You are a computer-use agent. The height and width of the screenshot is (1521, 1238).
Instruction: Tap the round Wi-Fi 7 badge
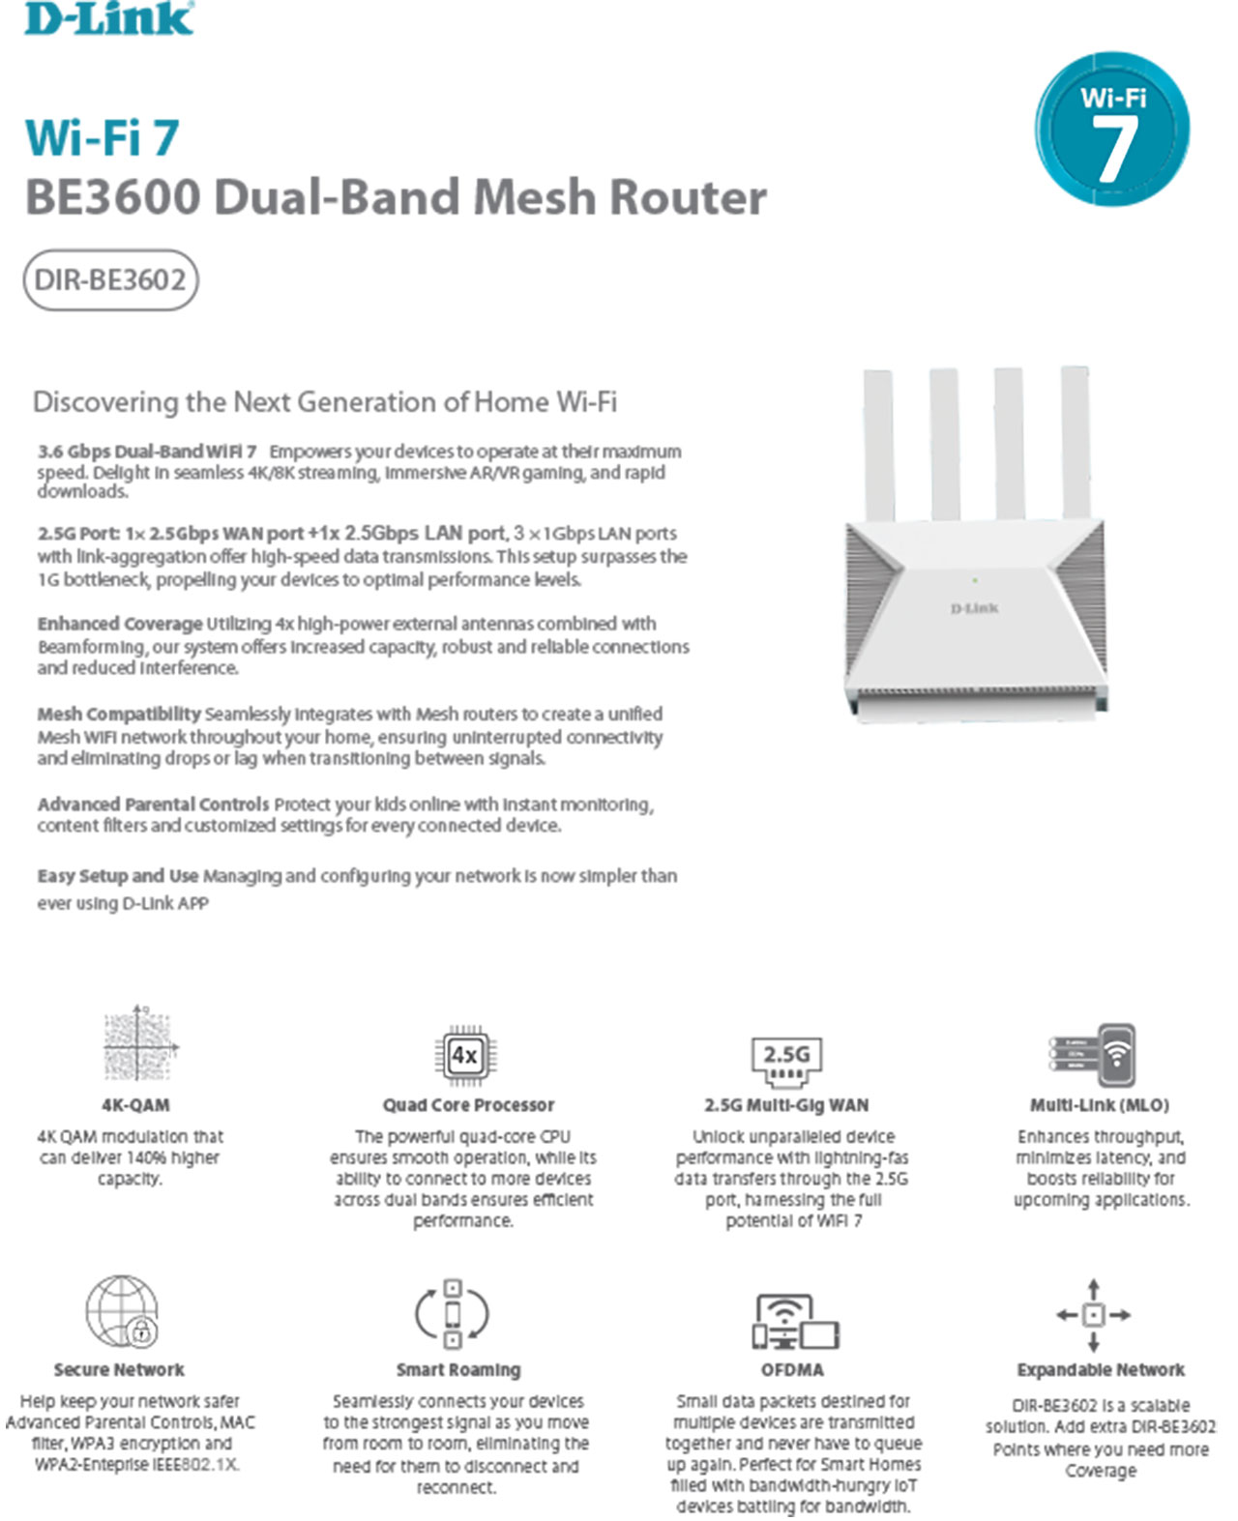tap(1112, 130)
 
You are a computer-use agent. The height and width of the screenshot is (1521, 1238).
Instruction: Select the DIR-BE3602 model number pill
tap(110, 279)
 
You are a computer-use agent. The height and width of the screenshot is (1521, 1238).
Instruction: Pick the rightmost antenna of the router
tap(1076, 443)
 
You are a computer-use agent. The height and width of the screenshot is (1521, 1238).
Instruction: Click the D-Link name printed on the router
tap(974, 608)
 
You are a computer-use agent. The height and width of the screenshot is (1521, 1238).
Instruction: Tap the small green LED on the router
tap(975, 580)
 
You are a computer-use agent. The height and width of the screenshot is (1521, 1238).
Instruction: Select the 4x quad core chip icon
tap(466, 1055)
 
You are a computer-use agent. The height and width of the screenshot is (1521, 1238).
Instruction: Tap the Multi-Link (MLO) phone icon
tap(1092, 1055)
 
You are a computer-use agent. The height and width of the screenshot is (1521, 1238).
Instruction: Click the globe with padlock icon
tap(122, 1312)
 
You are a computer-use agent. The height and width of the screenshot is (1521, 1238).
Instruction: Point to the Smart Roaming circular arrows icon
tap(453, 1313)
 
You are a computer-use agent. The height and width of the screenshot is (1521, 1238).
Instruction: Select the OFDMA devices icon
tap(795, 1322)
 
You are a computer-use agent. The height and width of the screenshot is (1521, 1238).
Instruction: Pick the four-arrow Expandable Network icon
tap(1093, 1315)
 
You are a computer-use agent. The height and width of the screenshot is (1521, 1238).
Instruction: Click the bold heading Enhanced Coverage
tap(120, 624)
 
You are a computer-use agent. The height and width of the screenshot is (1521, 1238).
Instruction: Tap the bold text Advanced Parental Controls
tap(154, 804)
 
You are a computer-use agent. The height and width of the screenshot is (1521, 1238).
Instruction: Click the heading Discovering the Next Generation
tap(325, 402)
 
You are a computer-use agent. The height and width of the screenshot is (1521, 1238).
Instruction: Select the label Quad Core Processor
tap(469, 1105)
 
